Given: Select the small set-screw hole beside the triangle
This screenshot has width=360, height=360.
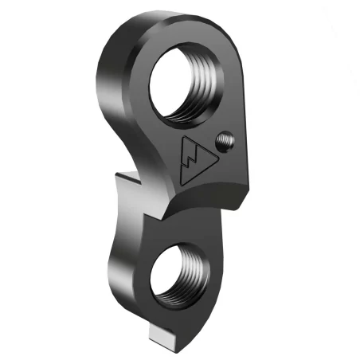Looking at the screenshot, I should coord(227,142).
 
